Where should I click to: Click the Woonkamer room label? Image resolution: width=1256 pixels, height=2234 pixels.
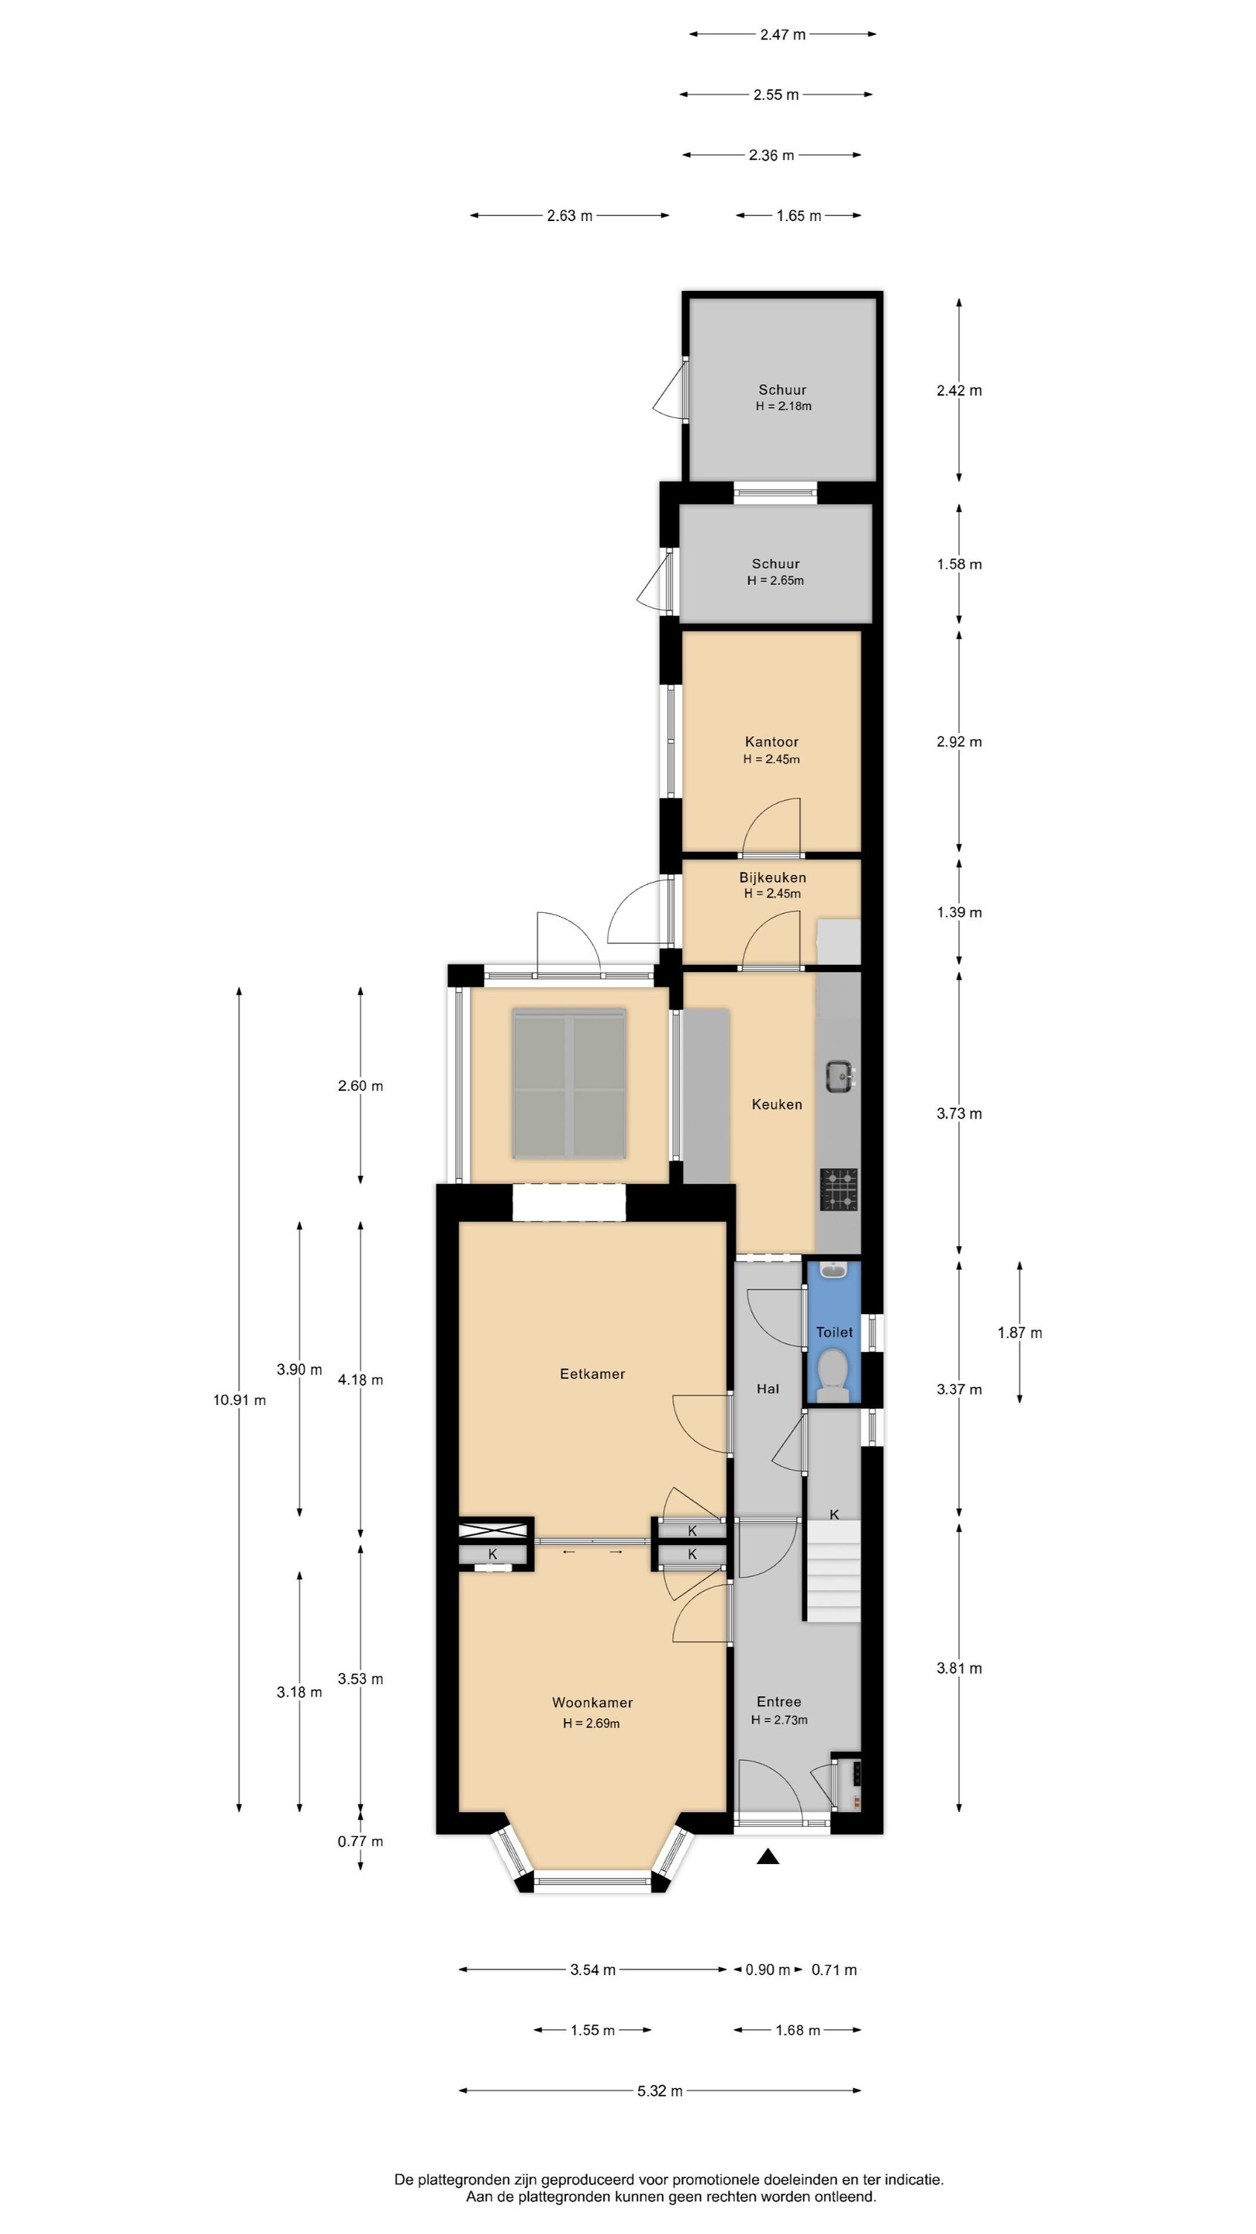(592, 1703)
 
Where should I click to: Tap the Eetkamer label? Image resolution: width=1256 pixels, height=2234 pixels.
(592, 1374)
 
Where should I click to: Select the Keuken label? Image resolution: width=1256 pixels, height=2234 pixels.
(777, 1104)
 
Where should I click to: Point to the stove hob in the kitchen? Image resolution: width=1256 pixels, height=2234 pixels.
(839, 1189)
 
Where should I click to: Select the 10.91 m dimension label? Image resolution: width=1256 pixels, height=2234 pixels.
(240, 1399)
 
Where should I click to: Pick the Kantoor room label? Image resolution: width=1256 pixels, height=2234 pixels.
(771, 742)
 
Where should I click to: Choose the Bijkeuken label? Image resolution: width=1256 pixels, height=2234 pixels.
(772, 877)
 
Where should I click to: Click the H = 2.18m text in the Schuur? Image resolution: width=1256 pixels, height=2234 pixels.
(784, 406)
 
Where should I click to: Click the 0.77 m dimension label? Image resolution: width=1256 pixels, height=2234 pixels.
(361, 1841)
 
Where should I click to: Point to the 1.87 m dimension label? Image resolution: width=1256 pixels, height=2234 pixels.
(1020, 1332)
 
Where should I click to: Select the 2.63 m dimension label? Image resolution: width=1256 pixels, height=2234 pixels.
(570, 215)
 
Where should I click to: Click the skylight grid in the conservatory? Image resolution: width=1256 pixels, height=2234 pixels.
(568, 1082)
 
